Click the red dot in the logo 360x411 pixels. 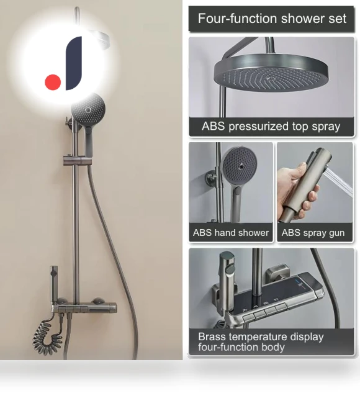[53, 82]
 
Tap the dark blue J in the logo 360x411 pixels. [74, 63]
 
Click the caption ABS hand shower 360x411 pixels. [231, 233]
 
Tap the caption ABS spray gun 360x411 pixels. [313, 233]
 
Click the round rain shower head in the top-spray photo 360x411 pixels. [271, 74]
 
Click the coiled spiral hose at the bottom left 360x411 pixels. [47, 334]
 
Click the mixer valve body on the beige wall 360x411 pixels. [84, 308]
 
